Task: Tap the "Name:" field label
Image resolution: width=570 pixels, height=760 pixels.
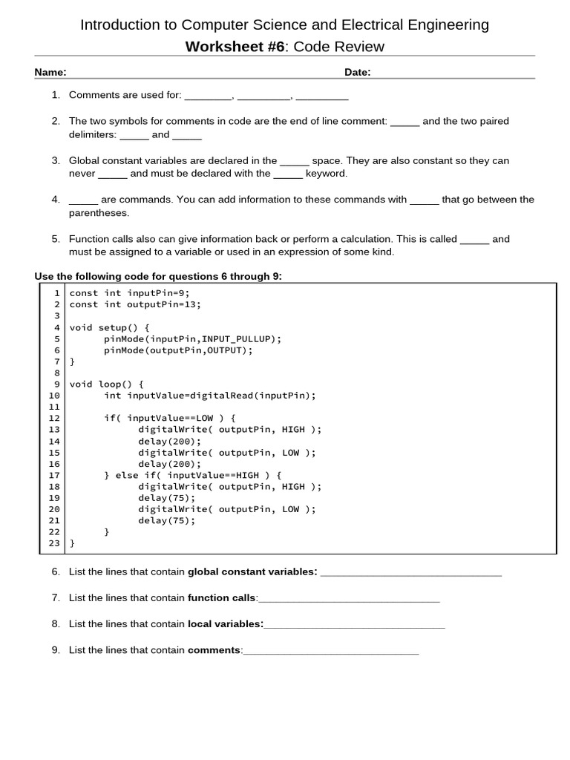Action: (50, 72)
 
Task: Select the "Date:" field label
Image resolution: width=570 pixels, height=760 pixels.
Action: (357, 72)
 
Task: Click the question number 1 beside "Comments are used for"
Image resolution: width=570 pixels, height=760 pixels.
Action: (56, 95)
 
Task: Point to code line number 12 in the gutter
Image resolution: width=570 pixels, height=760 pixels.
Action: (53, 418)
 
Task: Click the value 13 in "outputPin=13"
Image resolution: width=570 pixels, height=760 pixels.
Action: (192, 304)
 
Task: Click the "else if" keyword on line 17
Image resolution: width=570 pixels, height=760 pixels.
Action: (139, 475)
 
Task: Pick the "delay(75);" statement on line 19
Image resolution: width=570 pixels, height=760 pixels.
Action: (167, 497)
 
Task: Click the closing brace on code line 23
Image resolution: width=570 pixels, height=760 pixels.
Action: (72, 543)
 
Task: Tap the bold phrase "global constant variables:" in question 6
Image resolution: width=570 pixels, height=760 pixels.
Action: (252, 571)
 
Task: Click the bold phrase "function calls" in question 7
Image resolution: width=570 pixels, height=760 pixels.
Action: (221, 597)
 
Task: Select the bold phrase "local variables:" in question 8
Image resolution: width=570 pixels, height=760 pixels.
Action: (226, 624)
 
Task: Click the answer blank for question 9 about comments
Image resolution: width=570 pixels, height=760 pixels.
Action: (331, 651)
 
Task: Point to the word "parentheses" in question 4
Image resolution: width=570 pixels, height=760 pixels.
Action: (99, 213)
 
